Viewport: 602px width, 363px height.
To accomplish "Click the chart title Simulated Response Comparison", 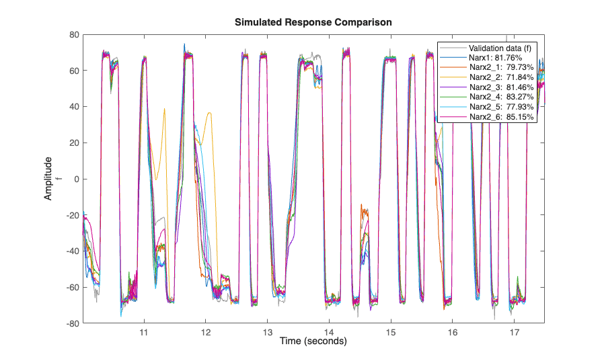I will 313,22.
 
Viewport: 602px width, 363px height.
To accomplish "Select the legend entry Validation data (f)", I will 500,48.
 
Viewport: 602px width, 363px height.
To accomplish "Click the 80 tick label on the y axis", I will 75,34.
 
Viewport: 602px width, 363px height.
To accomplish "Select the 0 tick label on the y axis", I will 77,179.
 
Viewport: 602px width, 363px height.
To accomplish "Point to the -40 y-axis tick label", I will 73,251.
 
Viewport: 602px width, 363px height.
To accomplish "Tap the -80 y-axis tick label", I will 73,323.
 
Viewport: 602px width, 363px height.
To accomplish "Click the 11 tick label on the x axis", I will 143,333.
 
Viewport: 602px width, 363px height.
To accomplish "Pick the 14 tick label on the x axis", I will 329,333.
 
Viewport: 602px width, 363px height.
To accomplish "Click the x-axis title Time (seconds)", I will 313,341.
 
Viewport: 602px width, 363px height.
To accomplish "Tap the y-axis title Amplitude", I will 48,179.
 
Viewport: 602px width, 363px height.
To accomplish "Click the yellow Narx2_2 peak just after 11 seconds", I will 164,108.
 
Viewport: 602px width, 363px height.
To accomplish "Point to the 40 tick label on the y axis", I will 75,106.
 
